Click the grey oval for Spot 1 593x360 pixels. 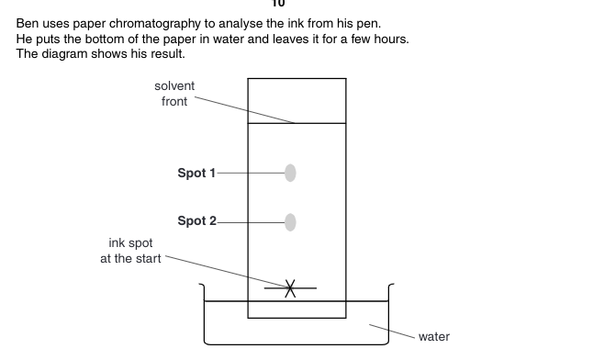tap(290, 173)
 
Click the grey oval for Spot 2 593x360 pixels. tap(290, 222)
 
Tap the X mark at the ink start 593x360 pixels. tap(290, 288)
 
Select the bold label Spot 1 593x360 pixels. tap(196, 173)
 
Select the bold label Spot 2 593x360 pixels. tap(196, 220)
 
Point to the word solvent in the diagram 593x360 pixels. tap(174, 86)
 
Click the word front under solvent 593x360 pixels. tap(174, 101)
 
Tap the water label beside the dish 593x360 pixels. tap(434, 336)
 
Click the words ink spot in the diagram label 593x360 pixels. tap(130, 243)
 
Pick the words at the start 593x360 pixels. tap(130, 259)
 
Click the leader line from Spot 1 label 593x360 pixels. tap(252, 173)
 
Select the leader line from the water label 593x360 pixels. tap(392, 331)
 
